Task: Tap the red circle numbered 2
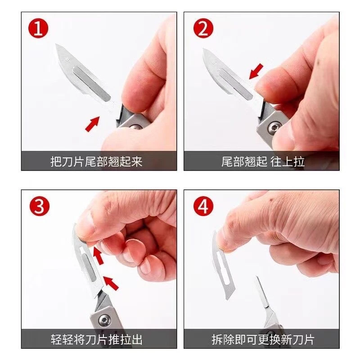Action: pos(203,30)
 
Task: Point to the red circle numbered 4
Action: pos(203,207)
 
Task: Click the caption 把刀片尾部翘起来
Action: pos(96,162)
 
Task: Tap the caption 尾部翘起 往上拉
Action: pos(263,162)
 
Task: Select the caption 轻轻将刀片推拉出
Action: pos(96,338)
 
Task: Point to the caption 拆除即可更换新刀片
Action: pos(263,338)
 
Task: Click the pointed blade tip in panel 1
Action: pos(56,46)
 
